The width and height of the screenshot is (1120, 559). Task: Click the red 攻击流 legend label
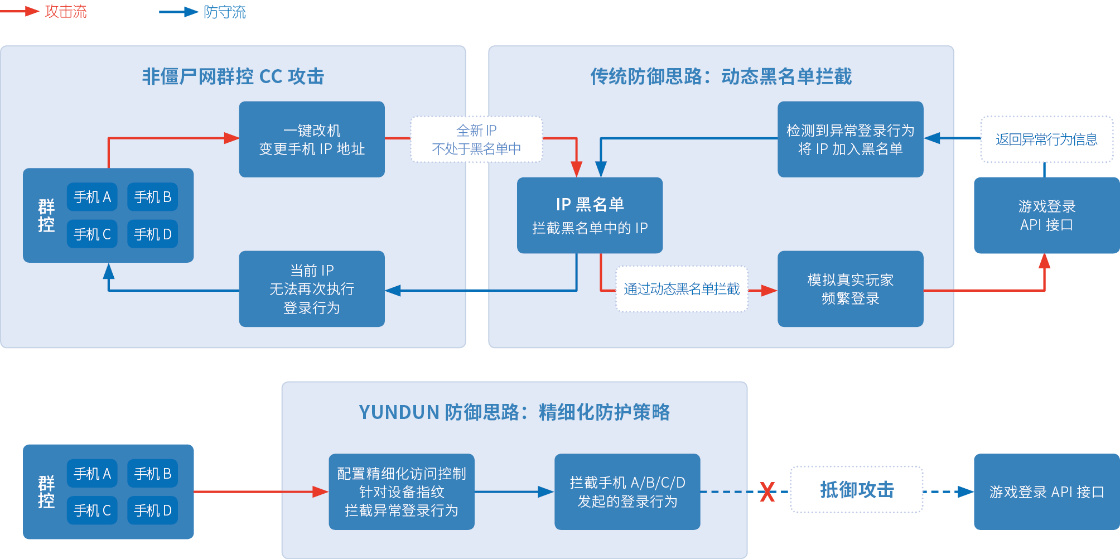coord(66,12)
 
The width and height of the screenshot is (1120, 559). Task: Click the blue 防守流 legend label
coord(224,12)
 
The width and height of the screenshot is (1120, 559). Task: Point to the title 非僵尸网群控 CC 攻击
coord(233,76)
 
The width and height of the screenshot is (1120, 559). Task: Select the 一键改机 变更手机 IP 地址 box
coord(312,139)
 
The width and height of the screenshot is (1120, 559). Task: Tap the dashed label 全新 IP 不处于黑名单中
coord(476,139)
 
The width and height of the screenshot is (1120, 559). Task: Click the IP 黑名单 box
coord(590,215)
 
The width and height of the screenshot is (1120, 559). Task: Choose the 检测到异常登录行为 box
coord(850,139)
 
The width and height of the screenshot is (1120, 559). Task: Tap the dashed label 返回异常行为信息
coord(1046,139)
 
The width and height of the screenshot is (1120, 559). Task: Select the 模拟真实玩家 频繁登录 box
coord(850,289)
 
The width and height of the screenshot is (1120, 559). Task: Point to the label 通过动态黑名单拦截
coord(682,289)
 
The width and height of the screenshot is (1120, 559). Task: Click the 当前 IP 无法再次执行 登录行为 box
coord(312,289)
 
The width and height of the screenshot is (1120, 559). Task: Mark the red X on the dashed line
coord(767,492)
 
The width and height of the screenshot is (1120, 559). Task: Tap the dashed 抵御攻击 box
coord(857,490)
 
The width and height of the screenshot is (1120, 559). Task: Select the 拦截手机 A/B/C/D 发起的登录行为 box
coord(627,492)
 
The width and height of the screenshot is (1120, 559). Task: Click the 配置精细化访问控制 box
coord(402,492)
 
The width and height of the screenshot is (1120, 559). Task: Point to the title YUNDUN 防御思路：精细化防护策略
coord(514,412)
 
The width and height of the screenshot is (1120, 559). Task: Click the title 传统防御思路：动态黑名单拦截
coord(721,76)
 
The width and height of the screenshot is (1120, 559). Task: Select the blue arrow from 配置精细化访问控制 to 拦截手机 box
coord(513,492)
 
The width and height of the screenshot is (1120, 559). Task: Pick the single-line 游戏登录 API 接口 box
coord(1046,492)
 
